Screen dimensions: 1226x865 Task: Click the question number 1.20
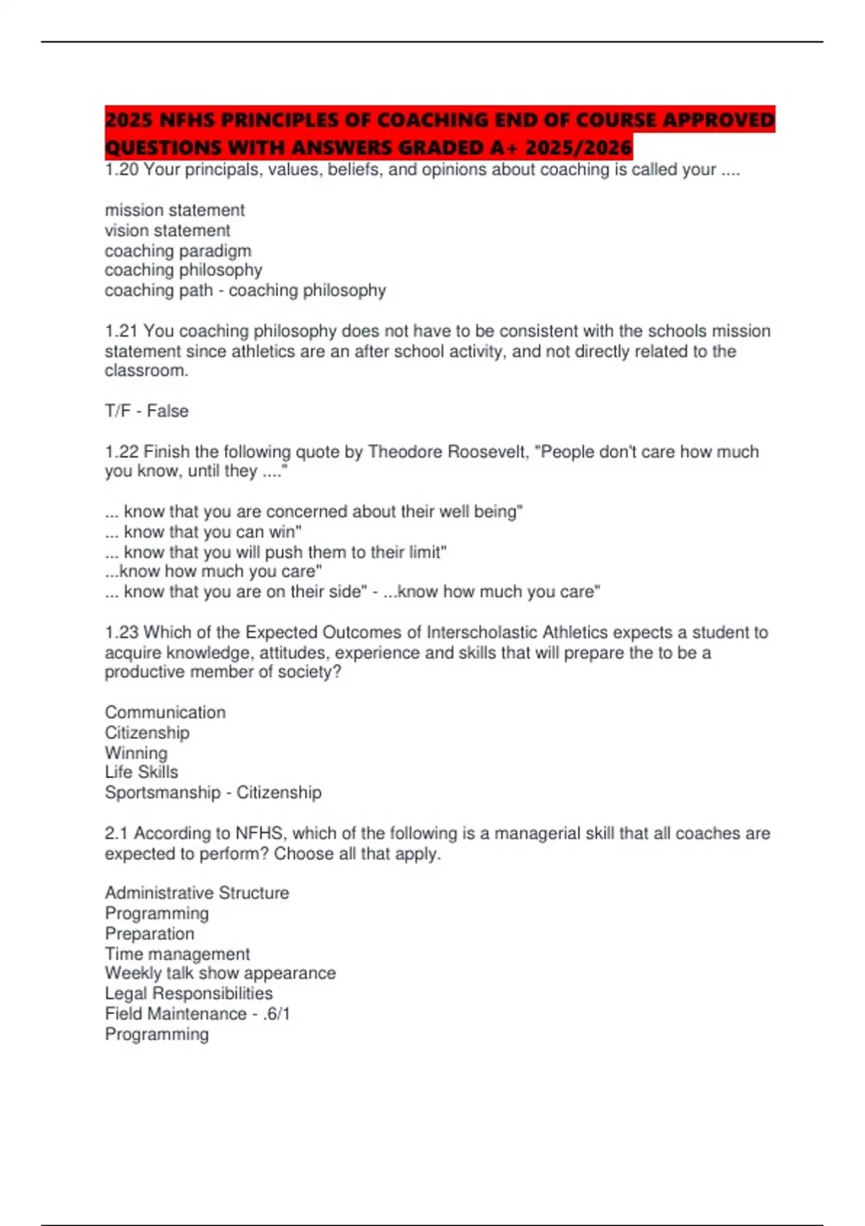[x=122, y=170]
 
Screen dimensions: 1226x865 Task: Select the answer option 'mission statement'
[x=174, y=211]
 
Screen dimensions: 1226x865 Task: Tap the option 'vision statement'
[x=167, y=231]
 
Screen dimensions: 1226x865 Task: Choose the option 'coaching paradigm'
[x=178, y=251]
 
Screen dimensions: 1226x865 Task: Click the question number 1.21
[x=122, y=331]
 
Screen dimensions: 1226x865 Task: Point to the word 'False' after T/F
[x=168, y=411]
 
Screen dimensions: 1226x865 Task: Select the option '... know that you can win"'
[x=203, y=532]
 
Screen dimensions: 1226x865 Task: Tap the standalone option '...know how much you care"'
[x=213, y=572]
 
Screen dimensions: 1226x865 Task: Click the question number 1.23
[x=122, y=632]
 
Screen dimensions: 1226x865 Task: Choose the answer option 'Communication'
[x=165, y=713]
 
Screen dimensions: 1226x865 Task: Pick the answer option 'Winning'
[x=136, y=753]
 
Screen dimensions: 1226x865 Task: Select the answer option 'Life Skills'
[x=141, y=772]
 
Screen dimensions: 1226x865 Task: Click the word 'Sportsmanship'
[x=163, y=793]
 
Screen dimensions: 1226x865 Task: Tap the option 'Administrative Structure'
[x=197, y=893]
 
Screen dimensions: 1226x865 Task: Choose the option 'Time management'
[x=177, y=954]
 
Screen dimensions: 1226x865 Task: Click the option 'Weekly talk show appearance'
[x=220, y=974]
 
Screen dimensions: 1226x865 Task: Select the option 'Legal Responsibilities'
[x=189, y=994]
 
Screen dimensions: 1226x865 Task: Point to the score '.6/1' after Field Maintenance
[x=277, y=1014]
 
